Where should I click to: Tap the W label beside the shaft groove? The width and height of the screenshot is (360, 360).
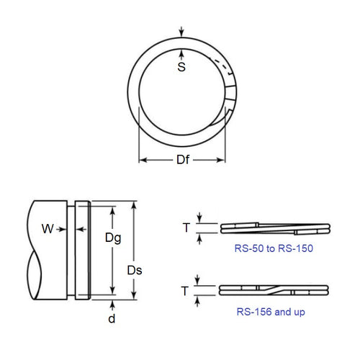pos(48,230)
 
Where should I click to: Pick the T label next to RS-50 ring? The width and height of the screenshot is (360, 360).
pos(186,228)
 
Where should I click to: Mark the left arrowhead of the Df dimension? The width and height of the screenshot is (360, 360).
pos(142,160)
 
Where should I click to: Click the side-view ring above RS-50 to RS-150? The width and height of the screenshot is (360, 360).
pos(274,228)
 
